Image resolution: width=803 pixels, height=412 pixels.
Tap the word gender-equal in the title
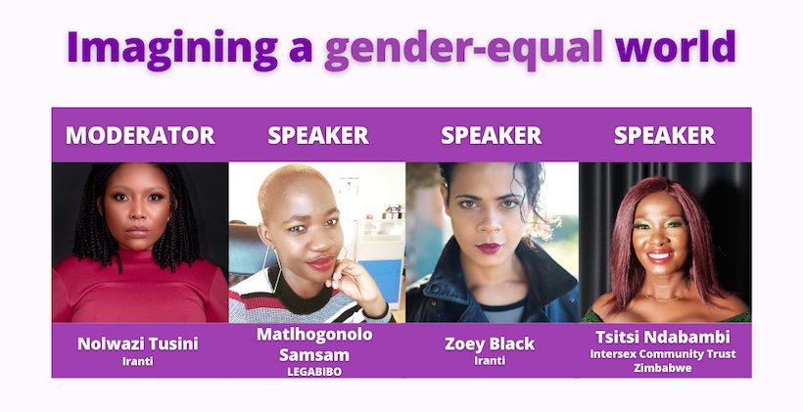463,49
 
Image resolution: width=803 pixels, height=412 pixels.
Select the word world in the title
676,46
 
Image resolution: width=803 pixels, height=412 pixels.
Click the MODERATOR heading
140,135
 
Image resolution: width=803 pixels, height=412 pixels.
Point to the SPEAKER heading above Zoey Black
492,135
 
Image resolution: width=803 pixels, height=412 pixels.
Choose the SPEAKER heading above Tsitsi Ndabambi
665,135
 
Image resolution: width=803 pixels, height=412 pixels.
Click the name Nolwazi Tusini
138,343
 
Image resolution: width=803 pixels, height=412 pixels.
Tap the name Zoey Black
490,343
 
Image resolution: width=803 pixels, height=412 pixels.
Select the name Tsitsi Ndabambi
663,338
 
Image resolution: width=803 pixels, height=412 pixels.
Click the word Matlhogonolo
314,335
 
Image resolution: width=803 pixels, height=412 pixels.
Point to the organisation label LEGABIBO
314,372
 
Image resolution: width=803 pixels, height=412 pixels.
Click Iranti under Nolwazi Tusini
138,361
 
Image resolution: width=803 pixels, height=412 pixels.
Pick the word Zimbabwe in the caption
663,368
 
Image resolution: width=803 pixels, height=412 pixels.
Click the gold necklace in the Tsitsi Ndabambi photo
666,298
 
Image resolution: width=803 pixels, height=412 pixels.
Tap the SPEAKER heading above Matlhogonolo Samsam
318,135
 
